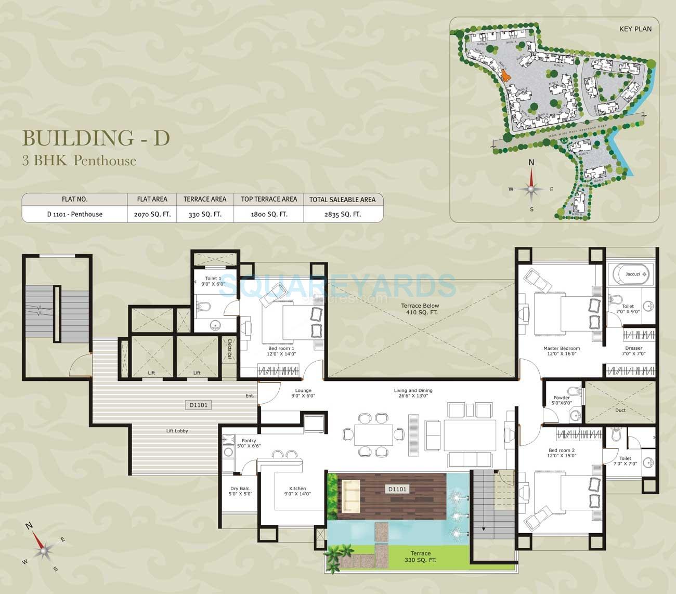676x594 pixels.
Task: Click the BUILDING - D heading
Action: (x=96, y=138)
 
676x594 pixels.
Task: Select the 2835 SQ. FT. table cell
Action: (x=343, y=214)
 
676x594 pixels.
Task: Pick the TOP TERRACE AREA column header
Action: (x=269, y=199)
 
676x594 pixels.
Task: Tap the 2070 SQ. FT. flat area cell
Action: (x=152, y=214)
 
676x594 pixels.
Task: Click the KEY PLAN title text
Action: (x=635, y=29)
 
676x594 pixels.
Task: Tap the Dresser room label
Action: (x=633, y=348)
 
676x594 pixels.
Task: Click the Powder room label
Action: (x=561, y=398)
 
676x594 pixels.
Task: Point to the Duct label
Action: (x=620, y=410)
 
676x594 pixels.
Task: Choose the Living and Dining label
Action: (x=413, y=391)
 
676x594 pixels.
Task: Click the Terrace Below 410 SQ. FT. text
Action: (x=420, y=309)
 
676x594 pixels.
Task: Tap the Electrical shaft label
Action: (x=229, y=349)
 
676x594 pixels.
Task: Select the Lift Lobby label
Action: (x=177, y=431)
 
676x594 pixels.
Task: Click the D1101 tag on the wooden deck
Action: (x=397, y=489)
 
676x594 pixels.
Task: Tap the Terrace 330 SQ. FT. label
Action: (x=420, y=557)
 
